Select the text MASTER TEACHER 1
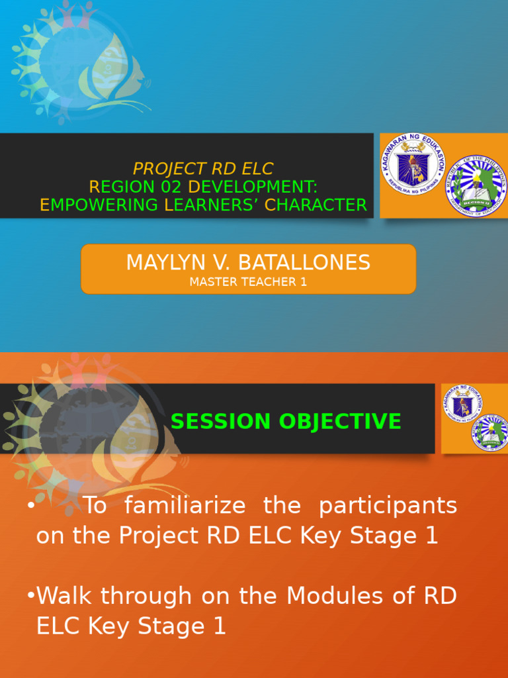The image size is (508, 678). coord(248,282)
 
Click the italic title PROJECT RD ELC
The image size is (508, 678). coord(203,169)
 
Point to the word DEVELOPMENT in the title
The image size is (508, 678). coord(253,187)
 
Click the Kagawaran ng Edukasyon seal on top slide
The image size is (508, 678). coord(413,164)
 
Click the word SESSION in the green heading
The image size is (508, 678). coord(211,421)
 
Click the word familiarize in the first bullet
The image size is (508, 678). coord(185,506)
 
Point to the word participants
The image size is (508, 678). coord(388,506)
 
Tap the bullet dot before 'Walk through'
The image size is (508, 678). coord(31,595)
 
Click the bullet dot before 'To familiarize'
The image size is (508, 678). coord(31,506)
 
